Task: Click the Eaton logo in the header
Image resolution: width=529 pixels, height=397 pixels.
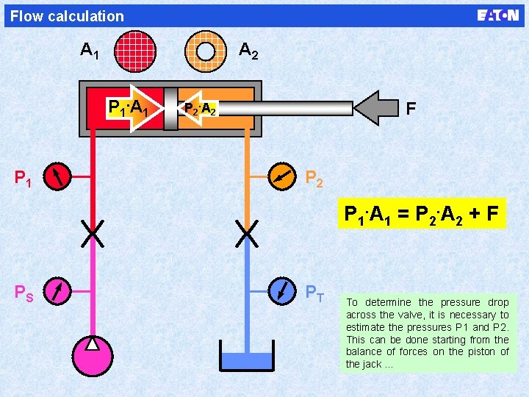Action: click(x=497, y=15)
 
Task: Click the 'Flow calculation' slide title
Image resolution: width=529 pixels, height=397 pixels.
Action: click(x=68, y=15)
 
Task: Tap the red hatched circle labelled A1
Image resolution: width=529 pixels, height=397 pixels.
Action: click(x=135, y=50)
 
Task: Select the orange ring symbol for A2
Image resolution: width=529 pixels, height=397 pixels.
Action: click(x=206, y=50)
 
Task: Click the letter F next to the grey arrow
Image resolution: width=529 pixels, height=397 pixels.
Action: click(x=411, y=109)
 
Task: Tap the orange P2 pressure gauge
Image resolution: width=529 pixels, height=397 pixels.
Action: click(x=282, y=176)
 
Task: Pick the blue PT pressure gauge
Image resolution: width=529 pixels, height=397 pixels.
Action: click(x=282, y=291)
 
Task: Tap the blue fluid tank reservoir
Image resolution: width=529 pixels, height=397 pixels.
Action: click(x=247, y=362)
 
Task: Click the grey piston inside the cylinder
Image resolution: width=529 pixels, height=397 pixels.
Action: click(x=170, y=109)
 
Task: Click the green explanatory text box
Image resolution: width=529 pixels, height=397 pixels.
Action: click(x=428, y=332)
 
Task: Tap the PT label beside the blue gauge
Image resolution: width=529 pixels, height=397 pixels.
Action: click(x=315, y=292)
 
